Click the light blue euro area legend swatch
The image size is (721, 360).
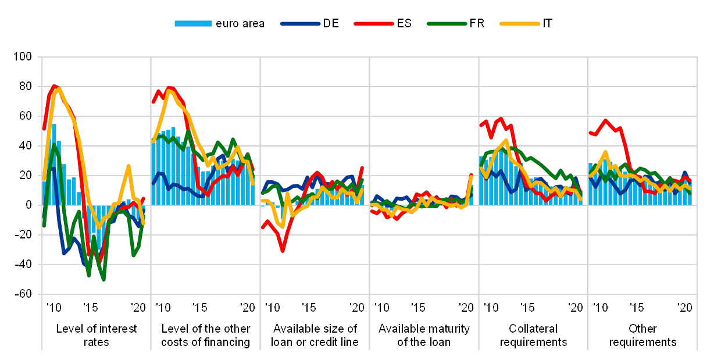pos(193,23)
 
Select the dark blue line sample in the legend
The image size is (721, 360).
pos(300,23)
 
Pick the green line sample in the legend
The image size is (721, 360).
pos(447,23)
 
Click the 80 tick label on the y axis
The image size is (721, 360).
pos(24,87)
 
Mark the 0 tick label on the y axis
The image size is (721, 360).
pos(27,205)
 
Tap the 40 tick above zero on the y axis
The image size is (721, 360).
pos(24,146)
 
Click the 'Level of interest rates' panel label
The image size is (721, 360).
pos(97,336)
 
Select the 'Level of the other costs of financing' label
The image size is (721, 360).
pos(206,336)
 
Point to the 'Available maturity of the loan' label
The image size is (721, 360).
pos(424,336)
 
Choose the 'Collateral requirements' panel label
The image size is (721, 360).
pos(533,336)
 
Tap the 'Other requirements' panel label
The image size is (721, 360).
pos(643,336)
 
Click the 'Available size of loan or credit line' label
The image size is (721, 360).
pos(315,336)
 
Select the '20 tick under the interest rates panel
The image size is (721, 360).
pos(138,306)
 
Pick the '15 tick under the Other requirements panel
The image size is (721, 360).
pos(637,306)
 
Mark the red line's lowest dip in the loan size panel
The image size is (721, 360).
pos(282,251)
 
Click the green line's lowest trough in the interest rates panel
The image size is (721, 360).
pos(103,280)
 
